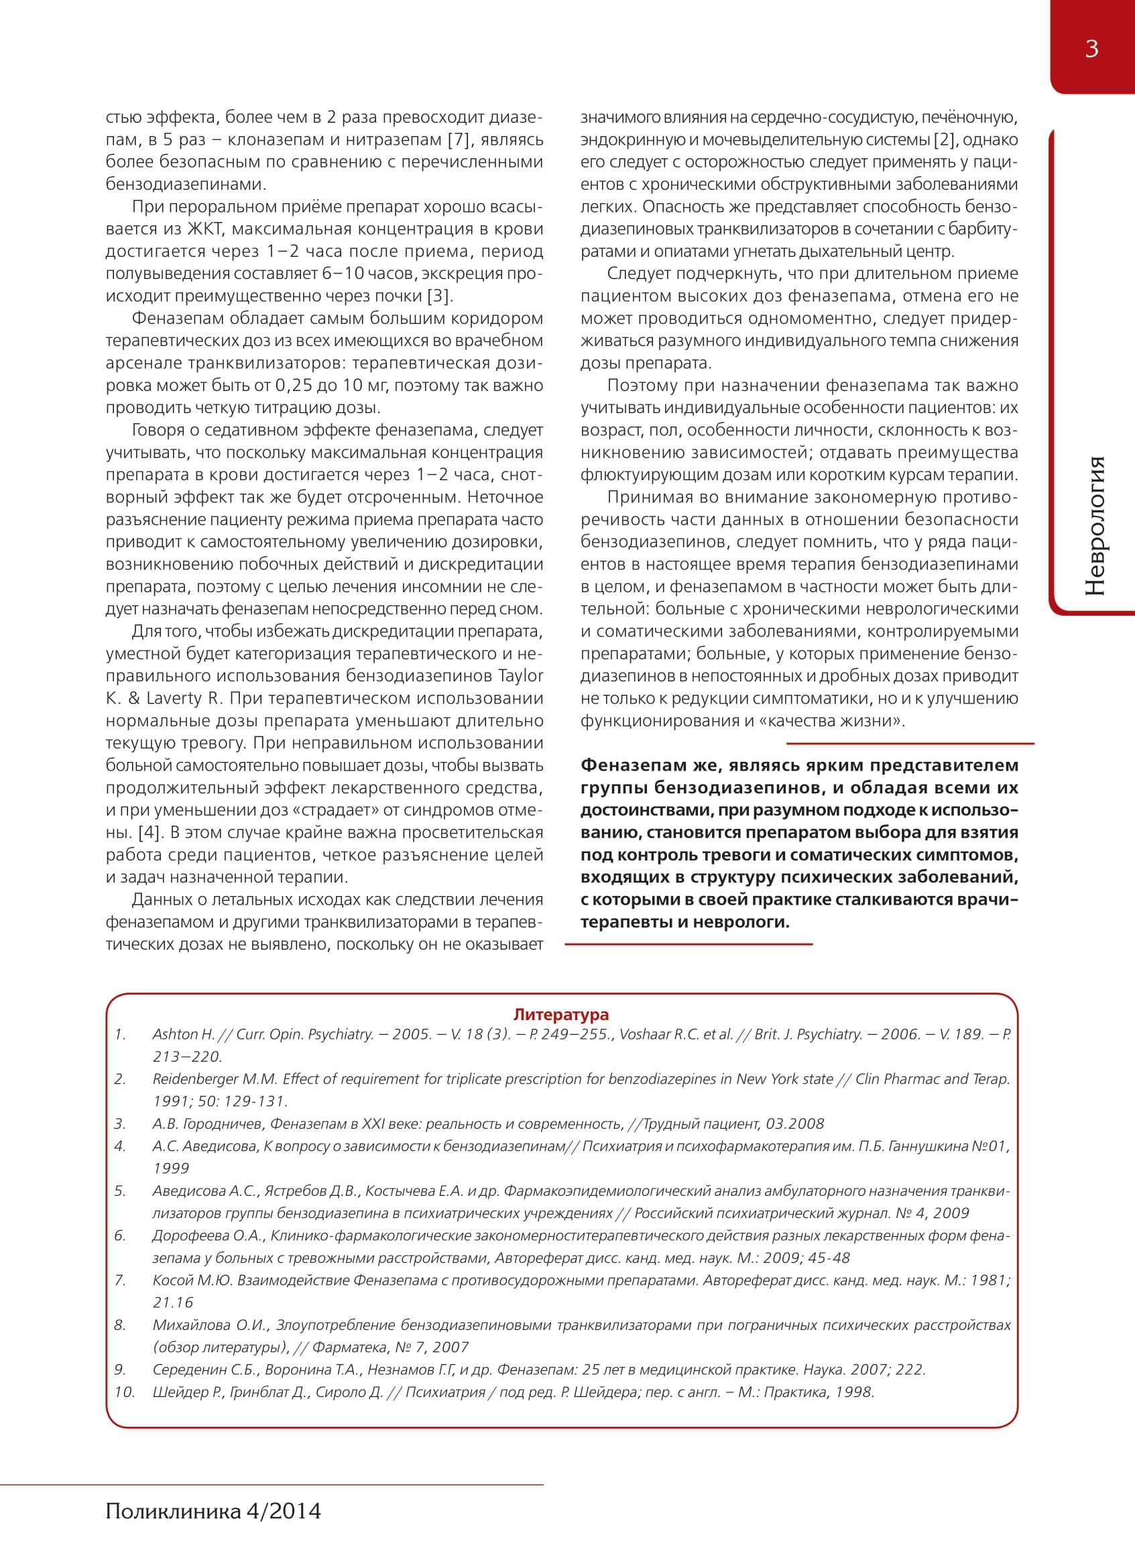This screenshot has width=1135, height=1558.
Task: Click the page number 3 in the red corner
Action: coord(1091,49)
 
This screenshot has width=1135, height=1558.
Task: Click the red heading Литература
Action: coord(560,1014)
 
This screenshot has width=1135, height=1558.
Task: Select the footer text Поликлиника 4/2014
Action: coord(213,1510)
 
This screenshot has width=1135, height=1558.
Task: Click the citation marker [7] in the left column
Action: coord(459,140)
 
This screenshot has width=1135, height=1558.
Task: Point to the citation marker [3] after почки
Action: coord(440,296)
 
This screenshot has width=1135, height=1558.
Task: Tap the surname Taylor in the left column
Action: coord(520,675)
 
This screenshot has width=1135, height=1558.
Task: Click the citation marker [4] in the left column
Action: coord(150,832)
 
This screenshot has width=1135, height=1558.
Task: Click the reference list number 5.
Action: coord(119,1191)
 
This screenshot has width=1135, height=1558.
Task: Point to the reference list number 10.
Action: coord(123,1392)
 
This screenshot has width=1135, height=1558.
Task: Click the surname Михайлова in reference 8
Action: coord(192,1325)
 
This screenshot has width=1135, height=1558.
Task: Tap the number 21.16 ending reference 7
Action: coord(173,1302)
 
